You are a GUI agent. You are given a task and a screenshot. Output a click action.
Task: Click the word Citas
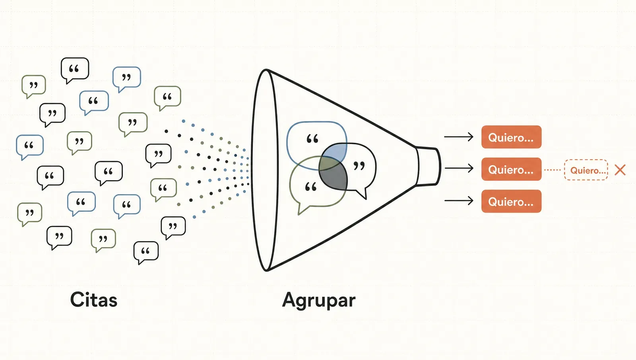coord(94,300)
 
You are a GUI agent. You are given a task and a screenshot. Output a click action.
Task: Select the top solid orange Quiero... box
coord(511,137)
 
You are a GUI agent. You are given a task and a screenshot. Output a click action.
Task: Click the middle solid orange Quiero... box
coord(511,169)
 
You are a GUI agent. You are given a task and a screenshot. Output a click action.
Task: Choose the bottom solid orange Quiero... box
coord(511,201)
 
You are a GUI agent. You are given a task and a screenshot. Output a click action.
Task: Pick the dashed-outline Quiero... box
coord(586,170)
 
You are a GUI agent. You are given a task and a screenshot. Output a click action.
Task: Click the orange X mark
coord(620,170)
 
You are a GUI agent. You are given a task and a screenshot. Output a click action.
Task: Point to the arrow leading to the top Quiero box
coord(459,137)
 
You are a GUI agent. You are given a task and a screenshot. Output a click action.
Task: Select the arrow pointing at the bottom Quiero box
coord(459,201)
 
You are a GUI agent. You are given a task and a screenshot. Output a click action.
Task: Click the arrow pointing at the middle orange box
coord(459,168)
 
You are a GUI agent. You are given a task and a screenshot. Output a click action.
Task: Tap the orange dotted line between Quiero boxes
coord(553,170)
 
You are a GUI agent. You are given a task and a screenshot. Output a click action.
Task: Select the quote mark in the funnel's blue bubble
coord(312,139)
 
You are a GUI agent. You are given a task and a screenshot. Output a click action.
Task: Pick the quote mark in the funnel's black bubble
coord(359,165)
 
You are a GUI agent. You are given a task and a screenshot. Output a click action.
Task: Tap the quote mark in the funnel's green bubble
coord(310,187)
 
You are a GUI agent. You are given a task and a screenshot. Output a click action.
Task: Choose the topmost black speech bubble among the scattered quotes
coord(75,70)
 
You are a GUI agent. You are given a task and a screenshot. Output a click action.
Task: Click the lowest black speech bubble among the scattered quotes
coord(146,252)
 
